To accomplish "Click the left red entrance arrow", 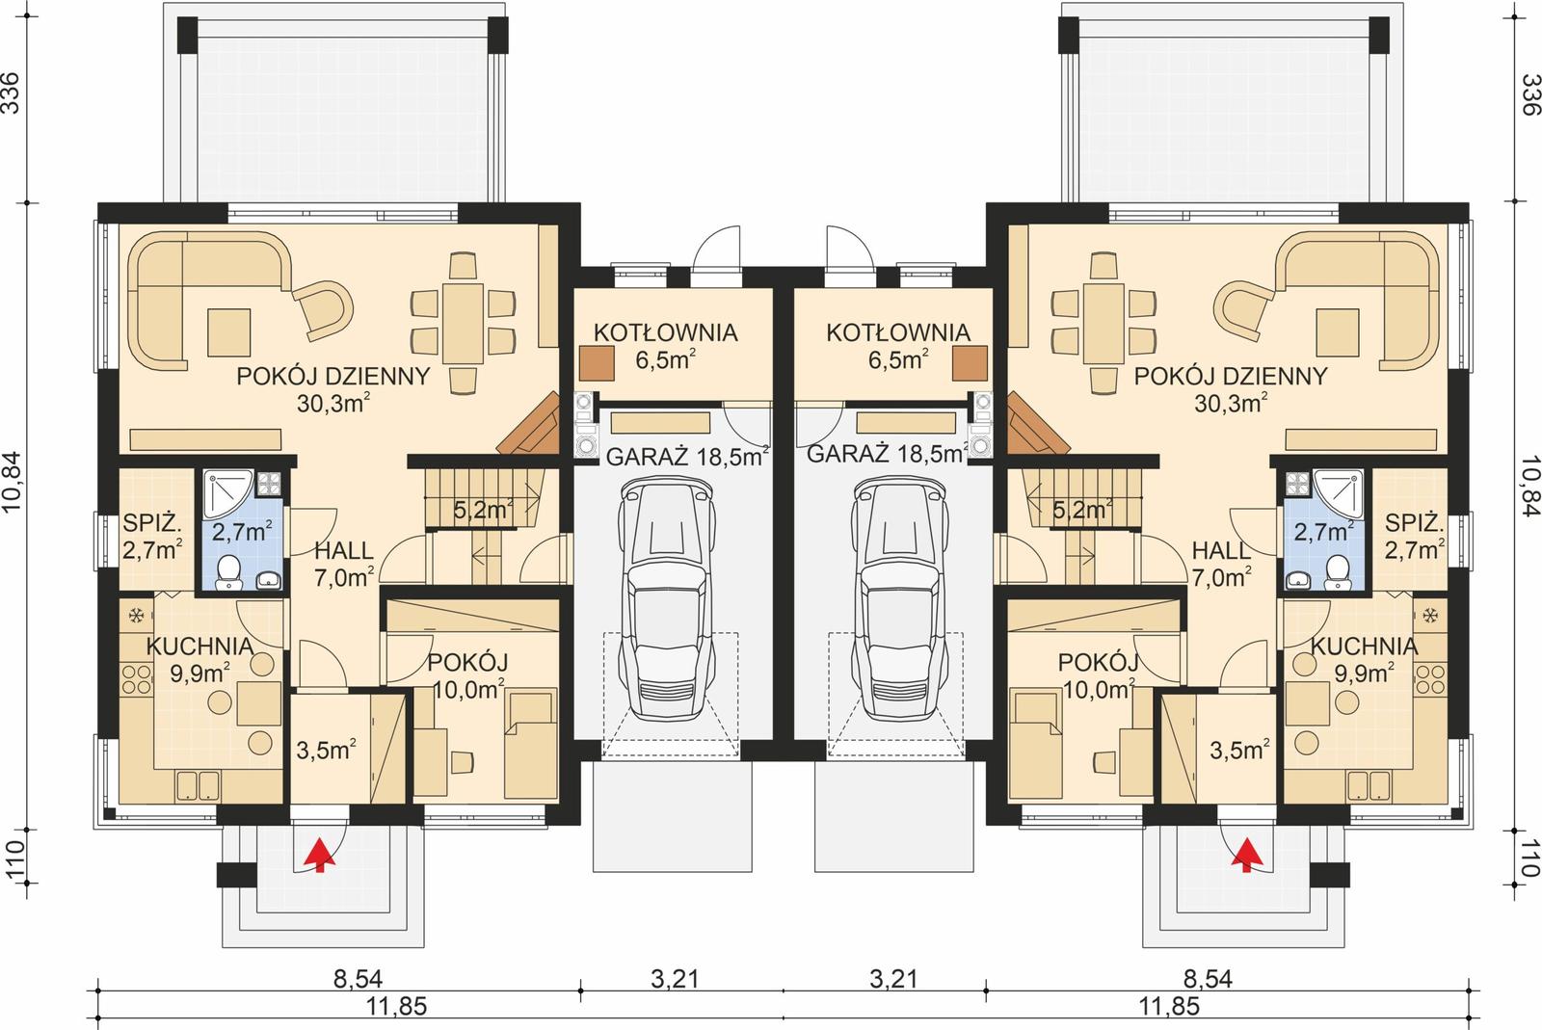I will pyautogui.click(x=319, y=854).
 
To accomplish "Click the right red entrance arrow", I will pyautogui.click(x=1248, y=854).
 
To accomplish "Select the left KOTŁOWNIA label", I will pyautogui.click(x=665, y=333).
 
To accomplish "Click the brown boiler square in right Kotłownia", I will pyautogui.click(x=970, y=364).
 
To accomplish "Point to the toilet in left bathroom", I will pyautogui.click(x=229, y=571).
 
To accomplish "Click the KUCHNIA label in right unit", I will pyautogui.click(x=1364, y=646).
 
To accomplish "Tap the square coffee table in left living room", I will pyautogui.click(x=228, y=330).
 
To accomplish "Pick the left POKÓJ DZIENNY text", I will pyautogui.click(x=332, y=377).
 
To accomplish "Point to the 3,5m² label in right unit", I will pyautogui.click(x=1238, y=750).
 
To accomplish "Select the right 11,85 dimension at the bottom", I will pyautogui.click(x=1169, y=1008).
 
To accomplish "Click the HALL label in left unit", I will pyautogui.click(x=344, y=551).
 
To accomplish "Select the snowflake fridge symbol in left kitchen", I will pyautogui.click(x=137, y=614).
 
